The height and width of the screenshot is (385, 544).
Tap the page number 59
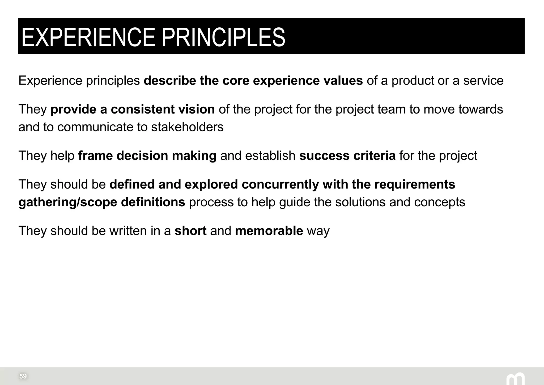coord(23,376)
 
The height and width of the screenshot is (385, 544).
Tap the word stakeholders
coord(187,127)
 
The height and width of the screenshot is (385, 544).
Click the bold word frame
coord(95,156)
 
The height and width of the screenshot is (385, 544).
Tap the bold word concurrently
coord(280,184)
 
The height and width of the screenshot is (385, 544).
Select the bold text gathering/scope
coord(68,202)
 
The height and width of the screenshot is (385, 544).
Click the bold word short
coord(190,231)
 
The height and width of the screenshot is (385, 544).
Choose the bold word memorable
coord(269,231)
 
